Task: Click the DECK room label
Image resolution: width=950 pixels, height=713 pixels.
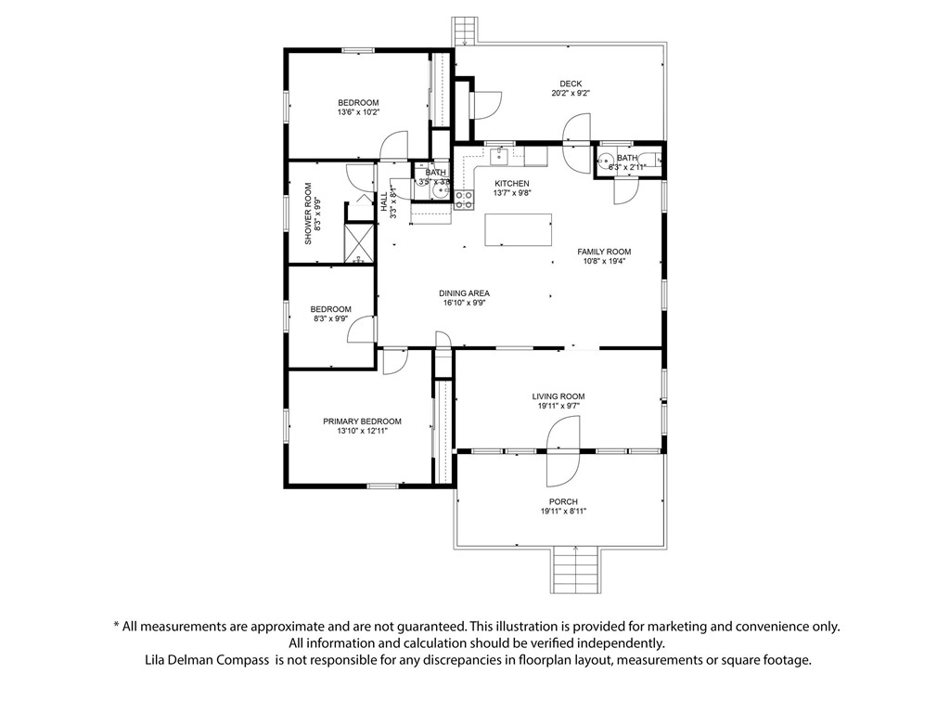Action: click(571, 84)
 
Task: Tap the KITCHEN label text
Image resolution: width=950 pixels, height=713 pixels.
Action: click(511, 184)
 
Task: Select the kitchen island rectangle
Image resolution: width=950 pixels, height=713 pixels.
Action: click(518, 229)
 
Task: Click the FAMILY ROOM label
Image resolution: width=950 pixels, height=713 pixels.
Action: click(604, 252)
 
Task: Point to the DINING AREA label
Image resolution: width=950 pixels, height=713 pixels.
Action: click(464, 293)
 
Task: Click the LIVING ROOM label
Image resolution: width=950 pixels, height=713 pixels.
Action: click(558, 396)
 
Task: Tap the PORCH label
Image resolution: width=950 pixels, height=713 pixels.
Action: click(563, 502)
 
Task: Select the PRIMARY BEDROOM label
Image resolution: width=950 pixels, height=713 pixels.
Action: click(362, 421)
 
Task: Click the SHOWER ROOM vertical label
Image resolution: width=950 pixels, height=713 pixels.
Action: click(309, 214)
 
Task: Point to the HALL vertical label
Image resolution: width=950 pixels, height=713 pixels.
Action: click(384, 201)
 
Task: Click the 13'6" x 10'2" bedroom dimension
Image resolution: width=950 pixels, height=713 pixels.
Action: click(358, 112)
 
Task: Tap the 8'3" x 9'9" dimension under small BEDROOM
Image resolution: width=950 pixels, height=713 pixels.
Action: click(330, 319)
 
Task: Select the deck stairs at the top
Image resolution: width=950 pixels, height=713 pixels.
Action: click(464, 31)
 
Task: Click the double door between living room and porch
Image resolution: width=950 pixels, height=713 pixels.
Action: click(563, 451)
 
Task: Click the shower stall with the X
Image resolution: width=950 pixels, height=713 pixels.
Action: click(358, 243)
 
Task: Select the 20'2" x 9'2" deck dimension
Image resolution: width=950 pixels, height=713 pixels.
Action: click(571, 94)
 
